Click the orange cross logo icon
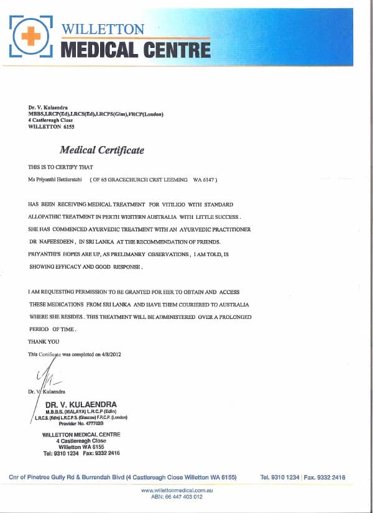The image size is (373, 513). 29,37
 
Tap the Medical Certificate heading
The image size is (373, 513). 101,150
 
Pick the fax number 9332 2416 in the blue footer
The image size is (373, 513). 330,478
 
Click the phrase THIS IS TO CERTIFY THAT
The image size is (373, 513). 60,167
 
